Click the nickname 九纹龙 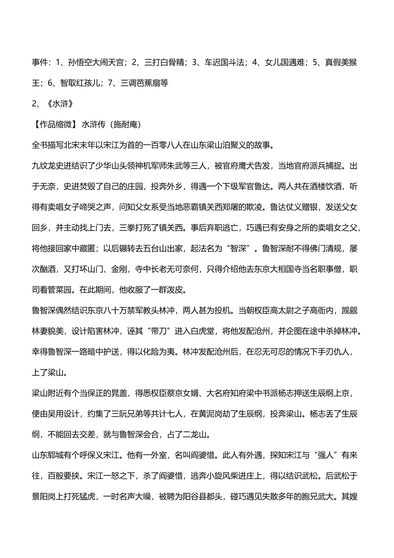pyautogui.click(x=46, y=166)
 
